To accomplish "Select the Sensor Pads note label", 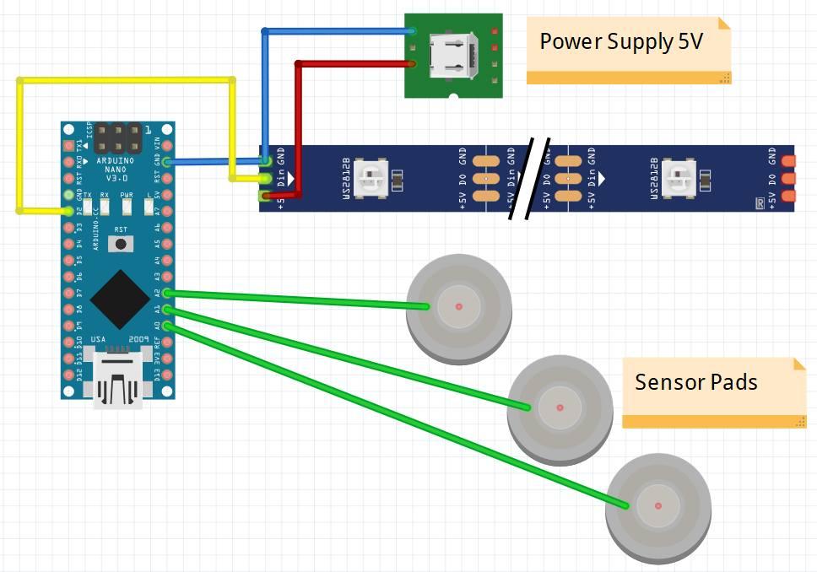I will pos(696,382).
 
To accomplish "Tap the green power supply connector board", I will pos(453,55).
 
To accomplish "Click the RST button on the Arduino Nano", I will pos(122,244).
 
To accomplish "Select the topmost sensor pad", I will pos(459,305).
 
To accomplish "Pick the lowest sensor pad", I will pos(658,507).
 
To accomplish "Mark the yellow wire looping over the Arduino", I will pos(127,81).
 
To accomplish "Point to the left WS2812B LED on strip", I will pos(369,178).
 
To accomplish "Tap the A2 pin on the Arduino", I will pos(168,293).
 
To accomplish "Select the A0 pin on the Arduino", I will pos(168,326).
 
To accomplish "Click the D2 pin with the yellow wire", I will pos(68,211).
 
